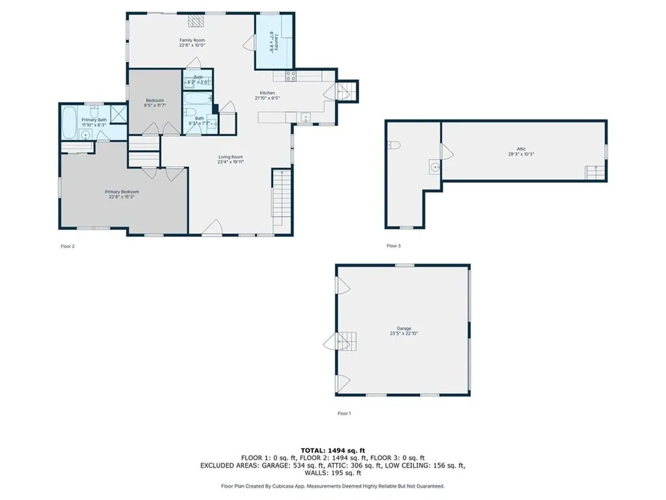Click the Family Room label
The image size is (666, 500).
point(192,40)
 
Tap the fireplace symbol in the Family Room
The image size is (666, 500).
point(196,21)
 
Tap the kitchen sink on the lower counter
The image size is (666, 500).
point(304,118)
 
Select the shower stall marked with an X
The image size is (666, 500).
point(118,113)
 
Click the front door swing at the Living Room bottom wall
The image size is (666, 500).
point(212,228)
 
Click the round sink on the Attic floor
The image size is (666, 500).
point(434,165)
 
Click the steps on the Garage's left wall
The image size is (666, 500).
point(349,340)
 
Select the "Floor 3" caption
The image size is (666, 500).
point(393,246)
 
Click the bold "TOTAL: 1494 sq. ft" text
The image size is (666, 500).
point(332,451)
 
